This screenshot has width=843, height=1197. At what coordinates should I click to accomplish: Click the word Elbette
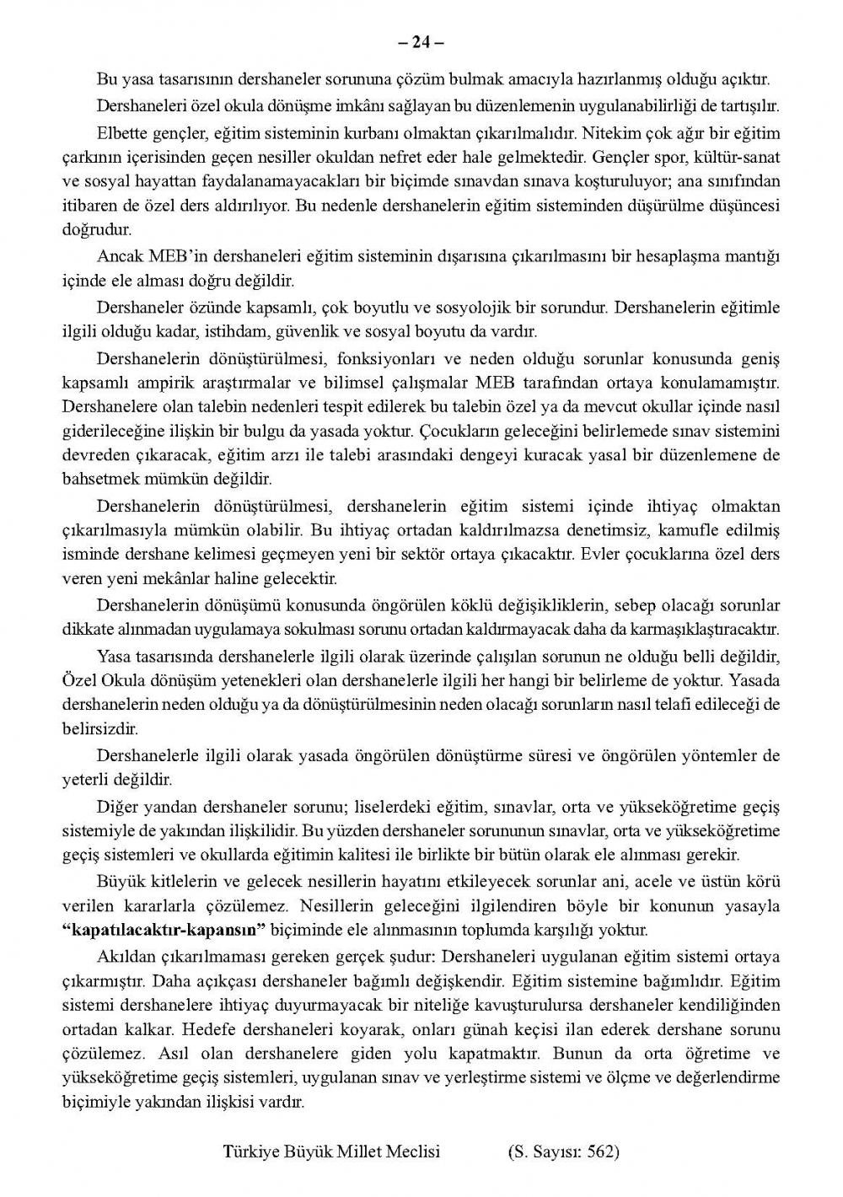[x=121, y=133]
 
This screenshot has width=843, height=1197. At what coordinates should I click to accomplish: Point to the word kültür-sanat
[x=738, y=157]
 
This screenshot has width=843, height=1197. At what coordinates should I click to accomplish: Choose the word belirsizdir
[x=99, y=727]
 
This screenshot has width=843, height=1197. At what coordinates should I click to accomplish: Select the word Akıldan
[x=123, y=957]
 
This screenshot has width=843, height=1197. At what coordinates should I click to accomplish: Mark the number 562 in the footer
[x=601, y=1151]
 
